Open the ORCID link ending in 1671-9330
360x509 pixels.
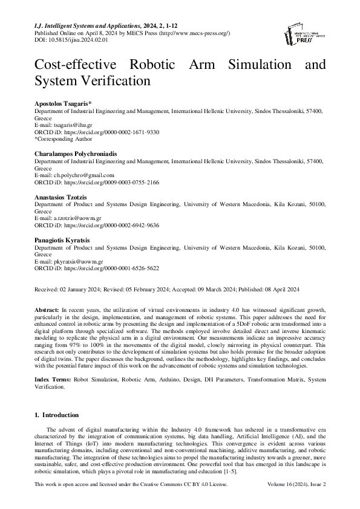coord(111,132)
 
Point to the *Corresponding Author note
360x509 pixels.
coord(60,138)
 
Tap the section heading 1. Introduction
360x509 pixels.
coord(56,415)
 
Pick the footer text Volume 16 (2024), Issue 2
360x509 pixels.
coord(296,485)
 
